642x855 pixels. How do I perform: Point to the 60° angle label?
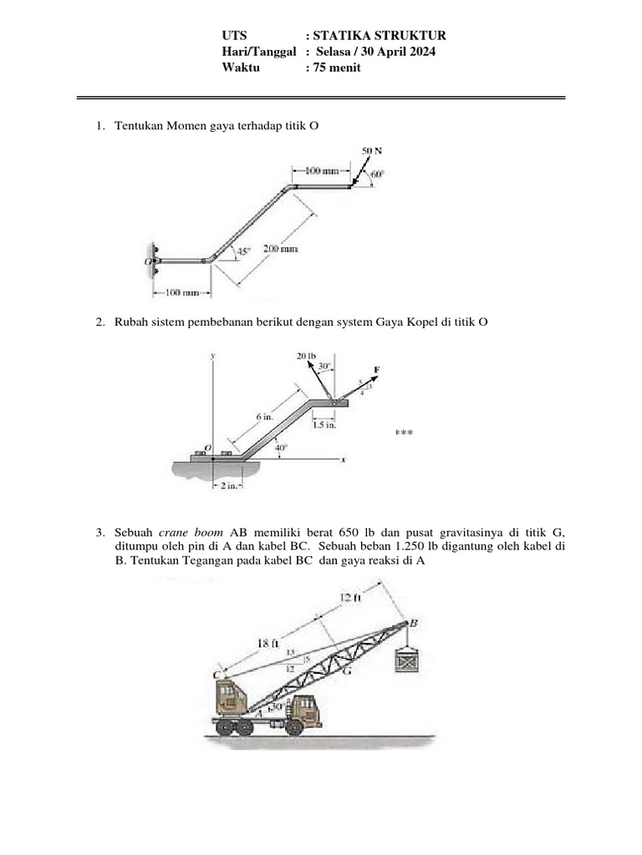[x=377, y=175]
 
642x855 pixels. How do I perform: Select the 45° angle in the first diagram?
[x=243, y=250]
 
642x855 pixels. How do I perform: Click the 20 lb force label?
[x=307, y=357]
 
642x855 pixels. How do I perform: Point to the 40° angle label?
[x=283, y=448]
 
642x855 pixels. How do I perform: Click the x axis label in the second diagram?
[x=344, y=460]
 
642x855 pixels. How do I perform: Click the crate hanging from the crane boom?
[x=407, y=661]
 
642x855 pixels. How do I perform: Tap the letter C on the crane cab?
[x=217, y=674]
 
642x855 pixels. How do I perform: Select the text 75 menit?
[x=336, y=68]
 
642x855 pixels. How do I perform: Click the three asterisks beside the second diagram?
[x=404, y=433]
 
